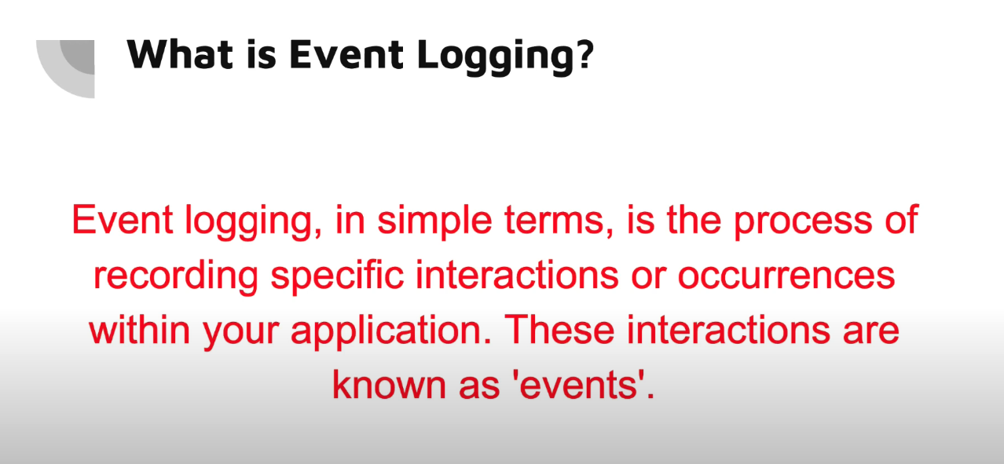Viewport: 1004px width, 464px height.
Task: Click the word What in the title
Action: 180,54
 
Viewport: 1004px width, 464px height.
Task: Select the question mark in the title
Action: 585,53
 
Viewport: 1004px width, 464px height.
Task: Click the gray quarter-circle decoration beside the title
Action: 65,69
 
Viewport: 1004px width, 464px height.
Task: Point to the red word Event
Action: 123,220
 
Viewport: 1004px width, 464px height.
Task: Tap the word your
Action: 240,334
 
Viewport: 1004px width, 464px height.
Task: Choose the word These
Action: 559,330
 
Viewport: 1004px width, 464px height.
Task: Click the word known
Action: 389,385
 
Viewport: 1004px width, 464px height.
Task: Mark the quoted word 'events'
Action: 582,385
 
